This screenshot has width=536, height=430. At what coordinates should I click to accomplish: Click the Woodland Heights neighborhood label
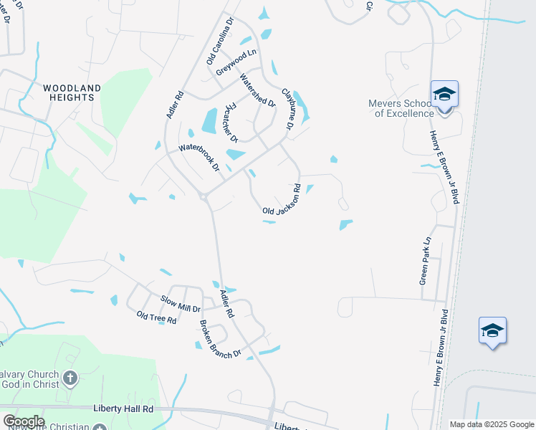[x=72, y=93]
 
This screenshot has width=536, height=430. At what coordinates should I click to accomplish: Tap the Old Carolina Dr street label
[x=221, y=42]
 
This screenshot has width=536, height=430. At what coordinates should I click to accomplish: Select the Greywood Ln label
[x=236, y=62]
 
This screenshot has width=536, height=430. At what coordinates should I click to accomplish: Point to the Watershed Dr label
[x=258, y=91]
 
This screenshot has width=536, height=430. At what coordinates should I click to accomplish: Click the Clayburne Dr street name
[x=288, y=109]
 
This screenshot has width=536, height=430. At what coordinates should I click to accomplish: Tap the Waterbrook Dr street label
[x=199, y=158]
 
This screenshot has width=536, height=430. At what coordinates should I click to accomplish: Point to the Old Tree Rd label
[x=156, y=317]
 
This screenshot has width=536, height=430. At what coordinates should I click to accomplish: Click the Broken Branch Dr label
[x=221, y=339]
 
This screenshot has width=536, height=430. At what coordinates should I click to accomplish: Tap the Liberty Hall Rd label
[x=124, y=408]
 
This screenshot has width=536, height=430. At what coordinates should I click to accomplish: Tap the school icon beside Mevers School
[x=444, y=94]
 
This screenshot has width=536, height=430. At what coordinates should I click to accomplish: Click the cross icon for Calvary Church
[x=70, y=378]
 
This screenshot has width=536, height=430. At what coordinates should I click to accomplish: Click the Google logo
[x=24, y=421]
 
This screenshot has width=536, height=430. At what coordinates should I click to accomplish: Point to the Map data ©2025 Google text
[x=491, y=424]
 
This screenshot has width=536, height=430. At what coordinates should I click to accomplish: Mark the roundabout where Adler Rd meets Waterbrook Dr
[x=204, y=196]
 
